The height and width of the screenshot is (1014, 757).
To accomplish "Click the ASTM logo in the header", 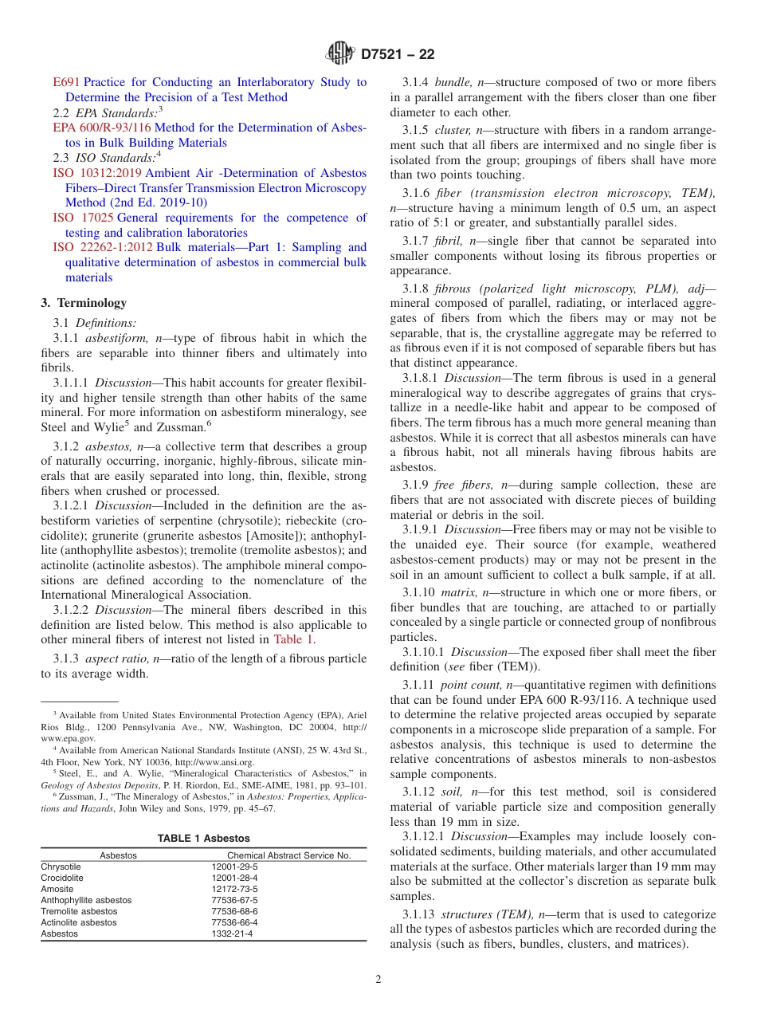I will coord(341,55).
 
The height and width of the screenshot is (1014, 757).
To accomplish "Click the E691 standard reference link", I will coord(66,82).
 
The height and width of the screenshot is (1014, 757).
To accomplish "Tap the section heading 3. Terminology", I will coord(84,304).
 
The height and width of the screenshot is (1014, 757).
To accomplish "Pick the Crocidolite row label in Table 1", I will coord(61,878).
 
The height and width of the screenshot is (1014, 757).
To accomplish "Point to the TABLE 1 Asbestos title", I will coord(203,838).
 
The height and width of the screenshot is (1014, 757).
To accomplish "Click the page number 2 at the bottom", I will coord(378,980).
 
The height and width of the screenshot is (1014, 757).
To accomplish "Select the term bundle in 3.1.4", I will coord(453,82).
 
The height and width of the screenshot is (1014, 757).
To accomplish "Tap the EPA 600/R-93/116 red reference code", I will coord(102,128).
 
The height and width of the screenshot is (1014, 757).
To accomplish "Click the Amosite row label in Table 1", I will coord(57,889).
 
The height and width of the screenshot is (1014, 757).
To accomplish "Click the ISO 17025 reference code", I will coord(83,218).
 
